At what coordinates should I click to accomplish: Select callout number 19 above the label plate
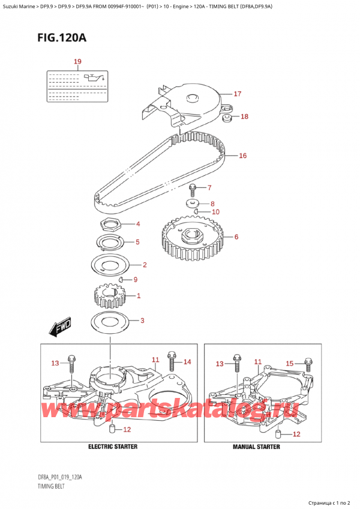click(x=77, y=61)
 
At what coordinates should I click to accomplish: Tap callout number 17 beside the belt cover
click(x=237, y=94)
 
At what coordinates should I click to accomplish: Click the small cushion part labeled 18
click(x=228, y=118)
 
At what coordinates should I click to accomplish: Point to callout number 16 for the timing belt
click(x=242, y=155)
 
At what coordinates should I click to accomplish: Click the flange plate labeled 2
click(x=110, y=264)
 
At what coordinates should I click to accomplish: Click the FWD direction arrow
click(x=61, y=328)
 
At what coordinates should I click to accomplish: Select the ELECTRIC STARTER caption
click(x=112, y=447)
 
